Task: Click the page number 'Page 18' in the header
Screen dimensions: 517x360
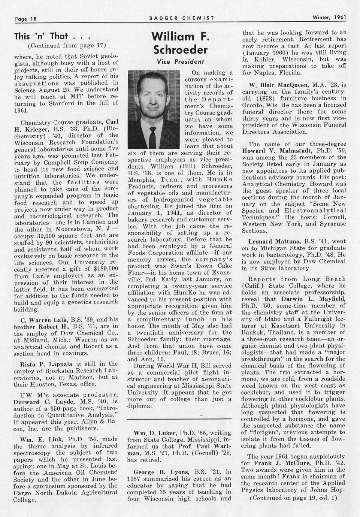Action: pos(25,18)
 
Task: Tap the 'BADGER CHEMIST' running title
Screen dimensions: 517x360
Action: pos(181,18)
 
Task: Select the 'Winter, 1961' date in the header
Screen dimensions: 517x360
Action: pos(329,17)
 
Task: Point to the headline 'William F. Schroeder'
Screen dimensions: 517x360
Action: pos(180,43)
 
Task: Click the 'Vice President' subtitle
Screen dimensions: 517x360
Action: pos(180,61)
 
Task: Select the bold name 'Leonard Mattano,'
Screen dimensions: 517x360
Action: pos(272,241)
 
